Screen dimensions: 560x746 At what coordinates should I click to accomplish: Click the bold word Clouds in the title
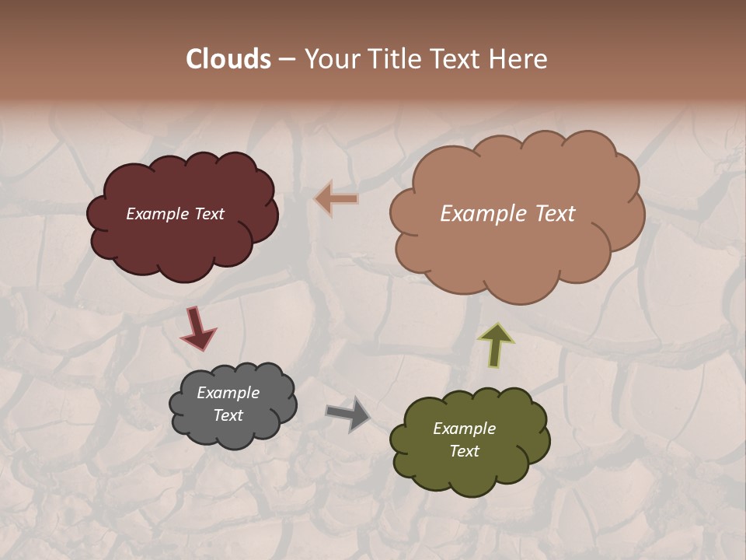pos(228,59)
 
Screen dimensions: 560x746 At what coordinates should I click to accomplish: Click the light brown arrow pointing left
pos(336,199)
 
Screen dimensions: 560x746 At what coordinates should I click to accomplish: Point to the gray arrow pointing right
pos(347,414)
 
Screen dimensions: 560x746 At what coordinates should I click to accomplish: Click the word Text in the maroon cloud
pos(208,214)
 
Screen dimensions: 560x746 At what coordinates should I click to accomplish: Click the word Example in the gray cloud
pos(228,393)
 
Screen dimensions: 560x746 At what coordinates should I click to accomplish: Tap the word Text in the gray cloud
pos(228,415)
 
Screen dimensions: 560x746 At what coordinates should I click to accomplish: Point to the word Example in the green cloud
pos(464,429)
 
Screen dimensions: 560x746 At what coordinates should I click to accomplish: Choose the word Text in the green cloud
pos(464,451)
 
